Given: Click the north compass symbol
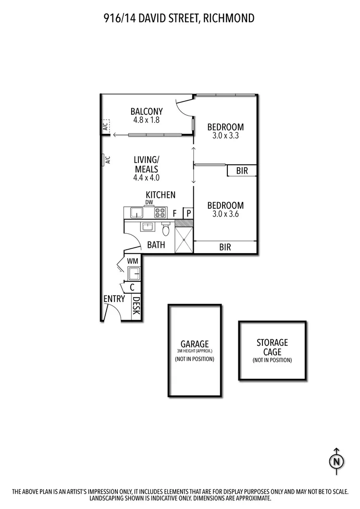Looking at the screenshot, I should [336, 461].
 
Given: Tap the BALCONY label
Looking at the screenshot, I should [147, 111].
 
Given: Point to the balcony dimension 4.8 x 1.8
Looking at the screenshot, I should [147, 120].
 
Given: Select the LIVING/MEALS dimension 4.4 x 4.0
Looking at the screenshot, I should [146, 178].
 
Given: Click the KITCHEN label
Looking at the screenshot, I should [161, 195].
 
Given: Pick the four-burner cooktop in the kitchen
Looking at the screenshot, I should [160, 213].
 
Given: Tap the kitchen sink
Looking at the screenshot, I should [135, 212].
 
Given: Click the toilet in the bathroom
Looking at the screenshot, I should [166, 229].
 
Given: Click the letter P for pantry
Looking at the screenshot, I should [189, 213].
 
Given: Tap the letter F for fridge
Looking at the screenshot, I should [175, 213].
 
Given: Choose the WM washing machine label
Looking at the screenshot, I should [133, 261].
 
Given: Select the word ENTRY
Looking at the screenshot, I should [114, 299].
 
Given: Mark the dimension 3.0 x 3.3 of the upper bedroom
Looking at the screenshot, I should [225, 136].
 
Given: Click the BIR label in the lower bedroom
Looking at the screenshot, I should [225, 248].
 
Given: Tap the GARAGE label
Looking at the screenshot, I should [194, 344].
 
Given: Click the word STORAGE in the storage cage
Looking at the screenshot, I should [272, 342].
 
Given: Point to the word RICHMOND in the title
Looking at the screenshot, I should [228, 18].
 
